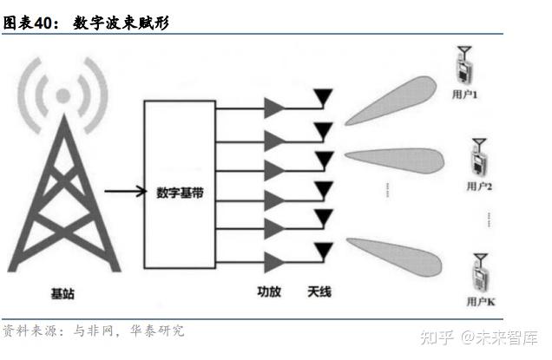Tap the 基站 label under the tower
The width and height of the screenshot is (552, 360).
[x=62, y=294]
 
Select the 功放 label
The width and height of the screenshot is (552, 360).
[x=269, y=291]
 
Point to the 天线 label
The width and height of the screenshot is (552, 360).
[x=319, y=291]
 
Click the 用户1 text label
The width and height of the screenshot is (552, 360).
[x=466, y=93]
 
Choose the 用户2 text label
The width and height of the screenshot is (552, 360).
[x=479, y=186]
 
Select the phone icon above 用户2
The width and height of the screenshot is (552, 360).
[x=479, y=158]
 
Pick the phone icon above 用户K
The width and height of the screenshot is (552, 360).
[x=480, y=272]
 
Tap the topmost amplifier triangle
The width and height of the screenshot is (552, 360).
[x=274, y=107]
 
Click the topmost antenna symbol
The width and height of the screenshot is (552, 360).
[x=323, y=95]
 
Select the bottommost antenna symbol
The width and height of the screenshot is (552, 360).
[x=323, y=249]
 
